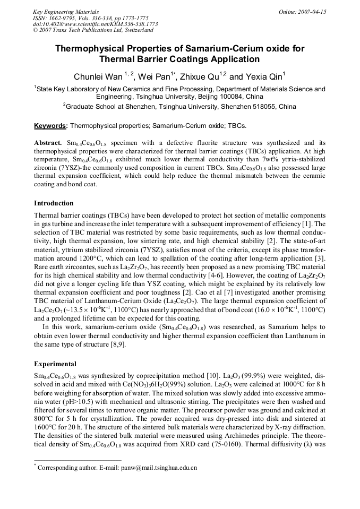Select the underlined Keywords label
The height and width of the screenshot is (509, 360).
[50, 126]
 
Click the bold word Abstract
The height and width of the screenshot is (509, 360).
[48, 143]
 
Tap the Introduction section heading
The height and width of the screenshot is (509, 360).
[54, 203]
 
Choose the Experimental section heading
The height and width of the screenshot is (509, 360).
[55, 364]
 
